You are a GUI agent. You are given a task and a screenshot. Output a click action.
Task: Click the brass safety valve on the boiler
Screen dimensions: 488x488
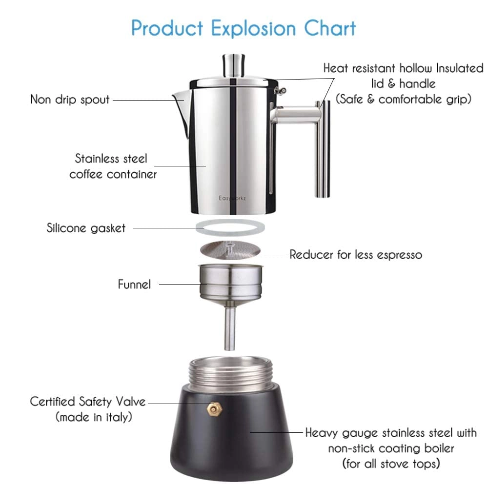click(x=214, y=408)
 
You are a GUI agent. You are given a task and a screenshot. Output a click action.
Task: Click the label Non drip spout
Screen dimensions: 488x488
click(x=70, y=100)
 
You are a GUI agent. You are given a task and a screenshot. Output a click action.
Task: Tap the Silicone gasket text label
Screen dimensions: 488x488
click(x=86, y=227)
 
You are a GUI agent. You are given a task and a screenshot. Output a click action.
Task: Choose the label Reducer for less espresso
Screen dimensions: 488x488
click(x=356, y=254)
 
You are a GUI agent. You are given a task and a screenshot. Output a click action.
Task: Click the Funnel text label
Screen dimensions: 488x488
click(x=134, y=284)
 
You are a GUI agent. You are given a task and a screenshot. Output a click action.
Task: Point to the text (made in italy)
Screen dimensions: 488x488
click(x=94, y=417)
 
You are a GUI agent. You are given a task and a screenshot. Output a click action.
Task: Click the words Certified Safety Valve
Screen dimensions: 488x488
click(x=88, y=402)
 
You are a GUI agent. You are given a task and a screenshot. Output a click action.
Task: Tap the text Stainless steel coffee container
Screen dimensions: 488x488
click(x=113, y=166)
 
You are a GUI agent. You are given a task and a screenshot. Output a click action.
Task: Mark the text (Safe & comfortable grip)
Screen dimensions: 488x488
click(x=403, y=99)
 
